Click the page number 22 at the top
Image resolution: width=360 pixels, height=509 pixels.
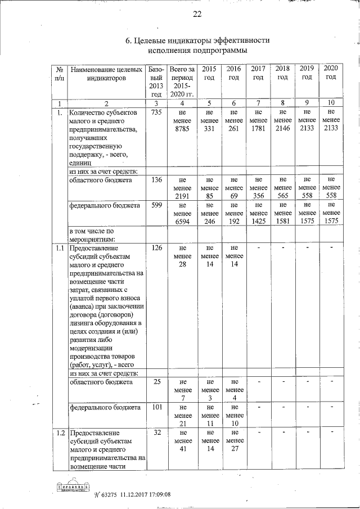[x=197, y=14]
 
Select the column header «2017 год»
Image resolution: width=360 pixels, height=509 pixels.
[x=258, y=73]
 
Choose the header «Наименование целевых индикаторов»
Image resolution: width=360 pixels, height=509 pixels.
[x=106, y=75]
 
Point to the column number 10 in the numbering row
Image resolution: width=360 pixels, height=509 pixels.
[x=331, y=103]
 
